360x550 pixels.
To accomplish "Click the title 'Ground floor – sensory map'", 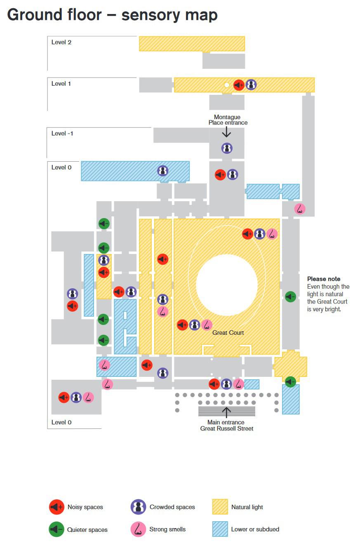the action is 112,15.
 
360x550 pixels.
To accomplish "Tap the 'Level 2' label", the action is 61,42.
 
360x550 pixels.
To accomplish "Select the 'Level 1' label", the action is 61,84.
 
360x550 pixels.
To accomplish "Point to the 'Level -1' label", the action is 62,133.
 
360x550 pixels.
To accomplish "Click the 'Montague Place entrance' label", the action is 228,120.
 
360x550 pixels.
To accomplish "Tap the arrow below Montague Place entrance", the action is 226,132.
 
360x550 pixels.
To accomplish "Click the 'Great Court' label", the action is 228,333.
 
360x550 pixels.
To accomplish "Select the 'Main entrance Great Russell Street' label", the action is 226,425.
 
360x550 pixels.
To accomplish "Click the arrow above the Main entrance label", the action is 226,411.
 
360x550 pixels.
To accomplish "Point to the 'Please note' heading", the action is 324,279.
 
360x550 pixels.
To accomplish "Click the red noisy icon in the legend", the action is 56,507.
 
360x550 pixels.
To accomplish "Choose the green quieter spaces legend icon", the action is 56,529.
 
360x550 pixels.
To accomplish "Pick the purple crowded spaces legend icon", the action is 138,507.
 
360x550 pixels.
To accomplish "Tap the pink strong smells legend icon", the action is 138,529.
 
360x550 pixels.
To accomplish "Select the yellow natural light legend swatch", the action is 220,507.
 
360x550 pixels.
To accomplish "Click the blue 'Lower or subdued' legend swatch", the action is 220,529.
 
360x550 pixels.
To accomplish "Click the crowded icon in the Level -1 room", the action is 227,148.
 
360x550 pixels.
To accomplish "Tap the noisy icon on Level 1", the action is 239,85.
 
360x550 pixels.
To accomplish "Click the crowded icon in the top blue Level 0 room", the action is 163,170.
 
